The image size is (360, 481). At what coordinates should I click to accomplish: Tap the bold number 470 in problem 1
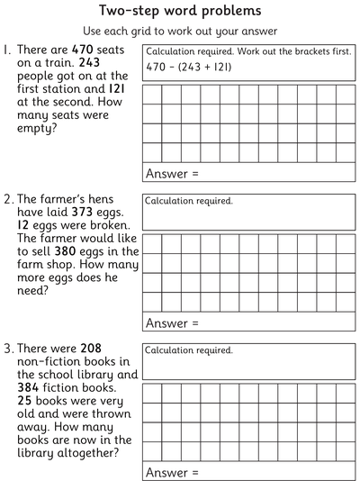tap(85, 51)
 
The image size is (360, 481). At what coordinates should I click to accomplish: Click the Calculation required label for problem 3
tap(189, 350)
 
